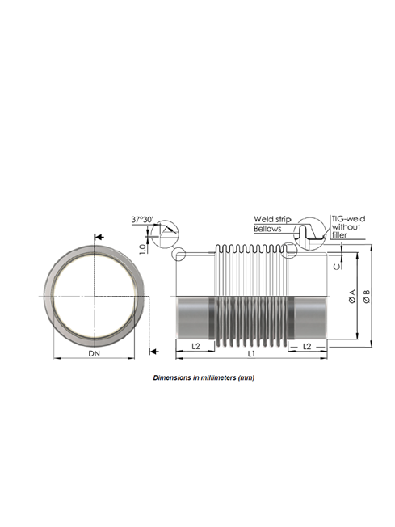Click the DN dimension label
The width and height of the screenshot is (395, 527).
pos(94,353)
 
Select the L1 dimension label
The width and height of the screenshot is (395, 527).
pos(251,353)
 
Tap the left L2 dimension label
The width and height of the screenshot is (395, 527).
pos(195,346)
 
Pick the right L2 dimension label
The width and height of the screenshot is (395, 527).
pos(307,346)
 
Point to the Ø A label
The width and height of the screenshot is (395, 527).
pos(352,296)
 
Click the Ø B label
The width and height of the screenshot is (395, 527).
pos(367,297)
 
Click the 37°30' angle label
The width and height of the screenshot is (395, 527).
pos(142,220)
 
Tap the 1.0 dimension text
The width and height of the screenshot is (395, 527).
pos(143,249)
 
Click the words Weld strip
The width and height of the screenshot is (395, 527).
pos(272,219)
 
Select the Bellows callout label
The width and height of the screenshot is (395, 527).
pos(267,229)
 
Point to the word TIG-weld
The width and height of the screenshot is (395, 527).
pos(349,219)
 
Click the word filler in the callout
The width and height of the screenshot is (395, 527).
pos(339,235)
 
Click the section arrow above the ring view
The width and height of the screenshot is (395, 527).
pos(99,238)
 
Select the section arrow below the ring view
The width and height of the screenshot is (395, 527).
pos(153,352)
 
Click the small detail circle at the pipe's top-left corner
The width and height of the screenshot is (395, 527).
pos(179,254)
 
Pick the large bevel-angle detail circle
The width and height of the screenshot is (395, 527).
pos(165,234)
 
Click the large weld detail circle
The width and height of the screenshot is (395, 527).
pos(310,234)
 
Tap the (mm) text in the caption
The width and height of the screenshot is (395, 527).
pos(246,377)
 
